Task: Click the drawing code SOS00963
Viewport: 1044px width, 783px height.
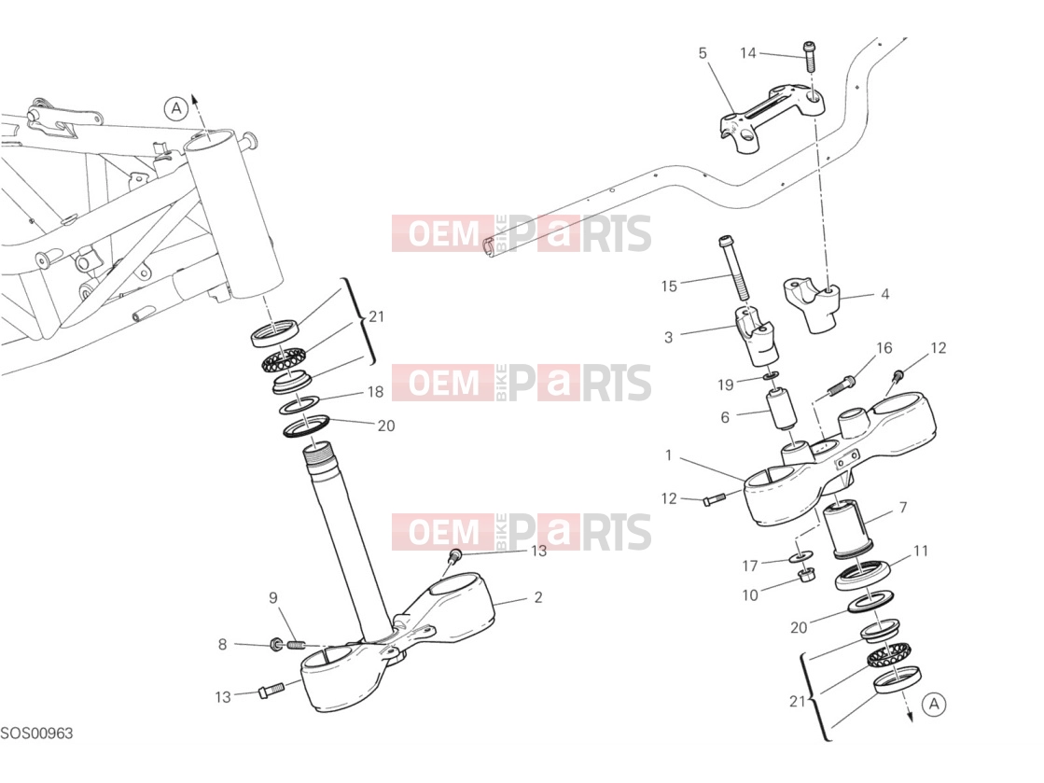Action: tap(36, 734)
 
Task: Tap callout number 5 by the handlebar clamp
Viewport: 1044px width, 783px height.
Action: tap(703, 53)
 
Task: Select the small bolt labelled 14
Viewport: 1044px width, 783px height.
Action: tap(811, 57)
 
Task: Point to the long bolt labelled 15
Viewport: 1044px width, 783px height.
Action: tap(734, 269)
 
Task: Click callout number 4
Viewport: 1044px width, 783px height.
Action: tap(884, 294)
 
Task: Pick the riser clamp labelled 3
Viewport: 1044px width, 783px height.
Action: tap(757, 336)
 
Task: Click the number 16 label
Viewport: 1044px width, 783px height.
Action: tap(884, 348)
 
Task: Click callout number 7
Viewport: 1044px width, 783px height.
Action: tap(903, 508)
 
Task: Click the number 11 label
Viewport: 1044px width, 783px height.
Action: tap(920, 552)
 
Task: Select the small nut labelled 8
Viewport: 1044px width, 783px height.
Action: tap(275, 645)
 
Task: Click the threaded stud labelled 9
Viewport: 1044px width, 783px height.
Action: tap(296, 645)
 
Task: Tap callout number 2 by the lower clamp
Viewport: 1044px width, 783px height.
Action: tap(538, 598)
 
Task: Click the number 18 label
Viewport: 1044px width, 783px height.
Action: tap(375, 392)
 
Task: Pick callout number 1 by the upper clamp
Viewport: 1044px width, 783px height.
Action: tap(669, 456)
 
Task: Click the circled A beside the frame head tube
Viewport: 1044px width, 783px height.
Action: tap(176, 108)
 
